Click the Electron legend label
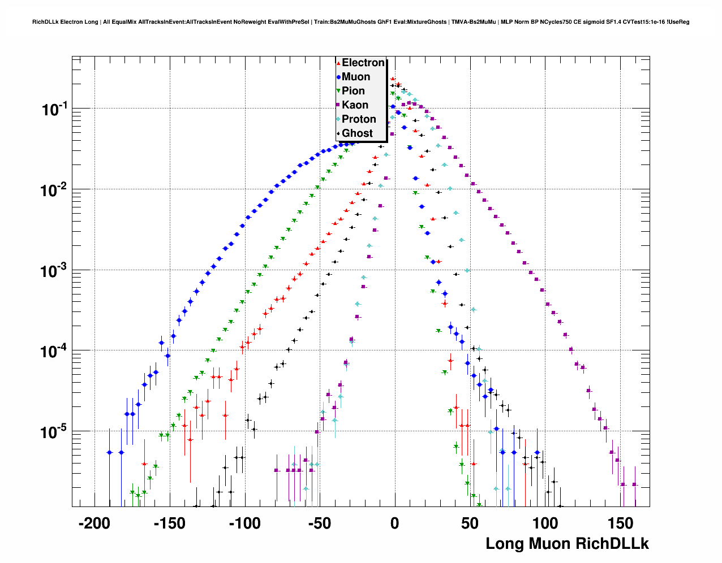[x=363, y=63]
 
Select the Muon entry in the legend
[x=356, y=77]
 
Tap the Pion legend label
[x=353, y=91]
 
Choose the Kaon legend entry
[x=355, y=105]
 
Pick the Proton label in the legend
[x=359, y=119]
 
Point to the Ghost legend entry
[x=357, y=133]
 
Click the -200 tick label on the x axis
[x=93, y=523]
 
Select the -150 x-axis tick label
[x=169, y=523]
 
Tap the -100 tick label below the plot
[x=244, y=523]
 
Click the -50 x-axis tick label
[x=319, y=523]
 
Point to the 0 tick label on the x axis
[x=395, y=523]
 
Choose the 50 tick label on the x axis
[x=470, y=523]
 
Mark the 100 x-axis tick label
[x=545, y=523]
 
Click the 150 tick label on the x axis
[x=620, y=523]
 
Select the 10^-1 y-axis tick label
[x=54, y=110]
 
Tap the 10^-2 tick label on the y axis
[x=54, y=190]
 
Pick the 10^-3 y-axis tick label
[x=54, y=271]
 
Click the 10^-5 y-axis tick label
[x=54, y=433]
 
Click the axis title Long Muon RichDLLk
[x=567, y=544]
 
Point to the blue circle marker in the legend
[x=338, y=77]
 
